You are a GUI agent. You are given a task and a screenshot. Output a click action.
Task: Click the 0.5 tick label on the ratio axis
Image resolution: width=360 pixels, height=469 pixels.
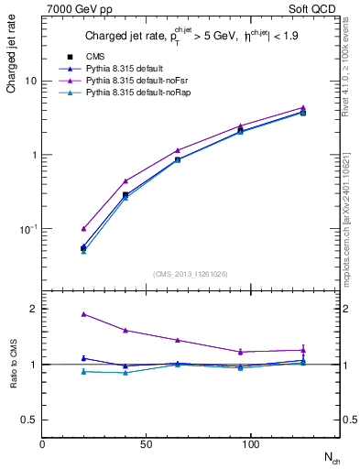tap(28, 420)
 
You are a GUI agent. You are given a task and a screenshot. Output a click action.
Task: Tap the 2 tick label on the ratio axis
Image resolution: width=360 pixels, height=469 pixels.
tap(33, 309)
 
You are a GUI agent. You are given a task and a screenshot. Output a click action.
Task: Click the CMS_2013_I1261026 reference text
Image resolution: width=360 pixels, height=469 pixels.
tap(191, 273)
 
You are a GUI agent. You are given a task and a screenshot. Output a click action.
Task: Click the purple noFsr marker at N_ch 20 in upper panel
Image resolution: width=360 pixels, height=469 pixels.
tap(83, 228)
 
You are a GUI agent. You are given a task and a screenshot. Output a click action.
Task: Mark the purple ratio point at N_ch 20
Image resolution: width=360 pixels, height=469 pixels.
tap(83, 313)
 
